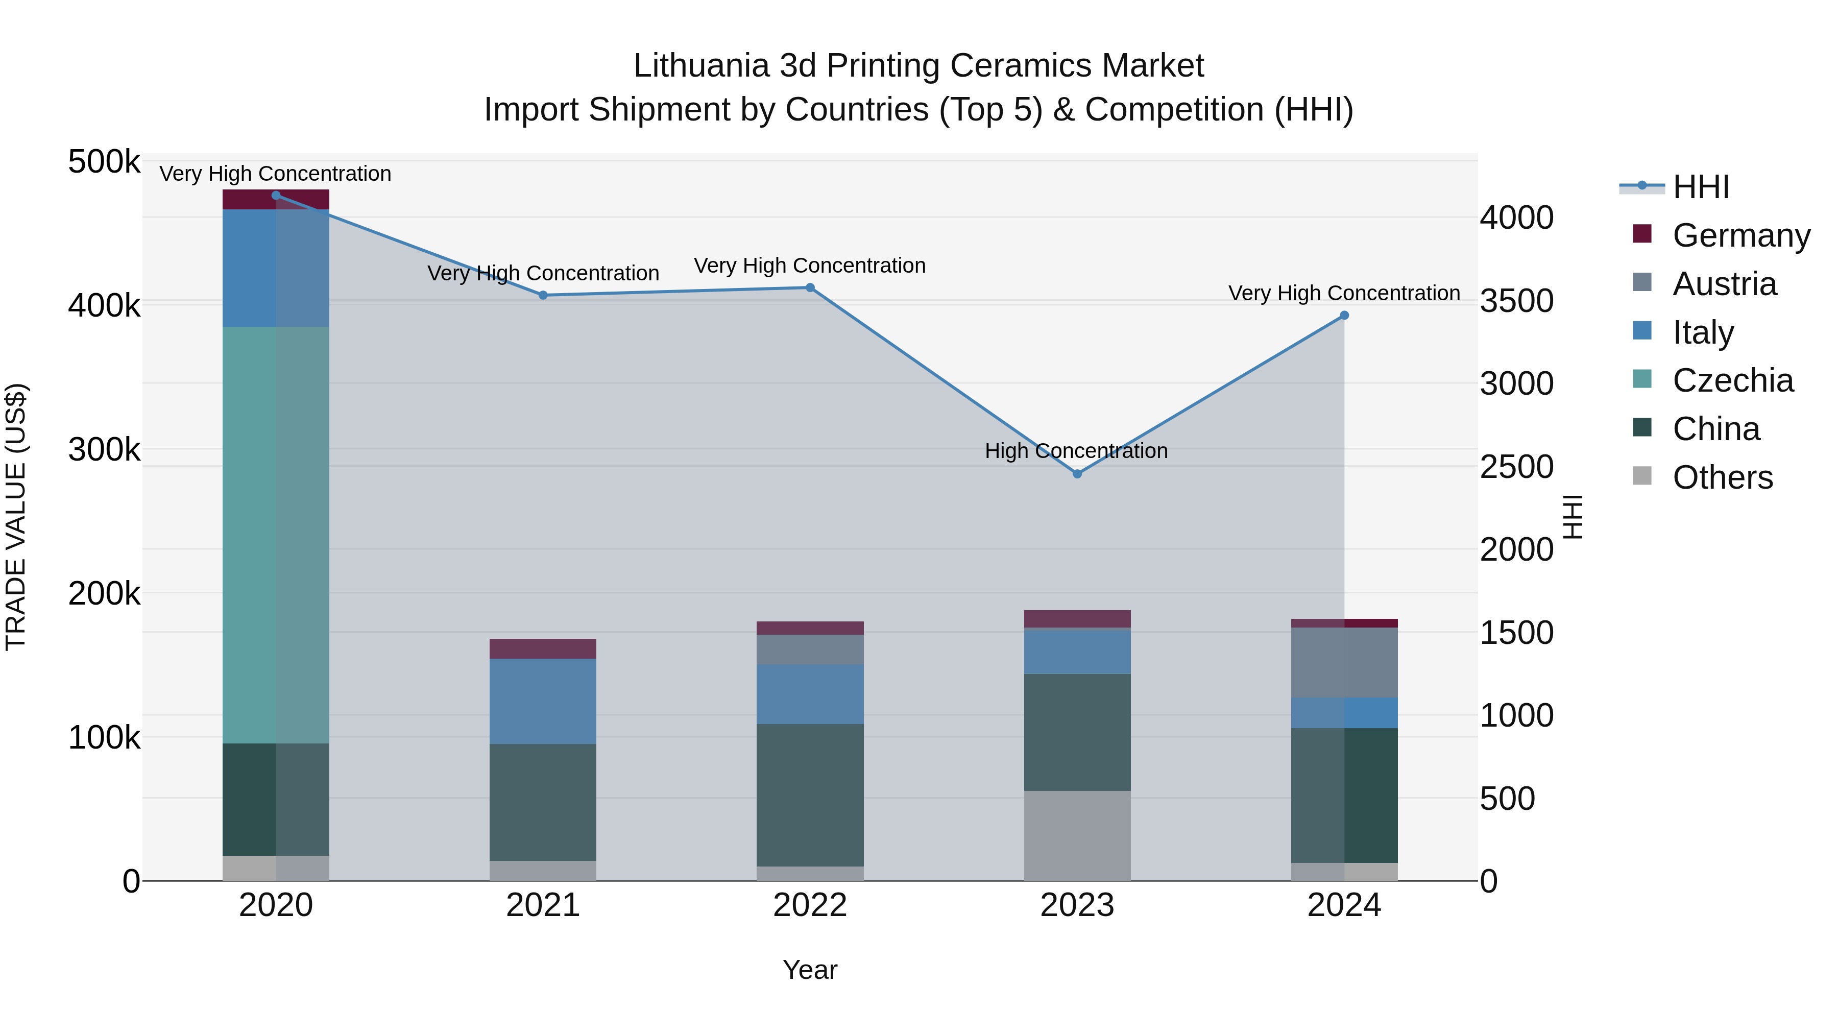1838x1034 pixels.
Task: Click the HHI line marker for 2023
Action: [x=1077, y=474]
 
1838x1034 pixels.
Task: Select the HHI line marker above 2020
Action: [x=276, y=196]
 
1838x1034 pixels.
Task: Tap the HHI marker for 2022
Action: [x=810, y=287]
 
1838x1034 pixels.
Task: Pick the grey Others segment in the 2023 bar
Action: [x=1077, y=835]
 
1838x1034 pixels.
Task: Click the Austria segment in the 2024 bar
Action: [x=1344, y=662]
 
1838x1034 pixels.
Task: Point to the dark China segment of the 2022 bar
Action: [x=810, y=795]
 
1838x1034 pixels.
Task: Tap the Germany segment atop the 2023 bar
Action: [x=1077, y=619]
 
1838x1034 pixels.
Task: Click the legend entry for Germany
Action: [x=1741, y=235]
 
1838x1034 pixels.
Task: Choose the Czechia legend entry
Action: [x=1732, y=380]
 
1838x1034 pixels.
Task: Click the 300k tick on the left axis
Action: [x=104, y=449]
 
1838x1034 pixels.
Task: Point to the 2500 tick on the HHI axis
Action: [x=1516, y=467]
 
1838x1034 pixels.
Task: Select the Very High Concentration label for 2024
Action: [x=1344, y=293]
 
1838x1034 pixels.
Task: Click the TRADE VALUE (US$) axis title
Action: [x=16, y=517]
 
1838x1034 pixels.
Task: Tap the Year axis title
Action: [x=810, y=970]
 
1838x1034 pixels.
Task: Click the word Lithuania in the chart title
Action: [x=700, y=66]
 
